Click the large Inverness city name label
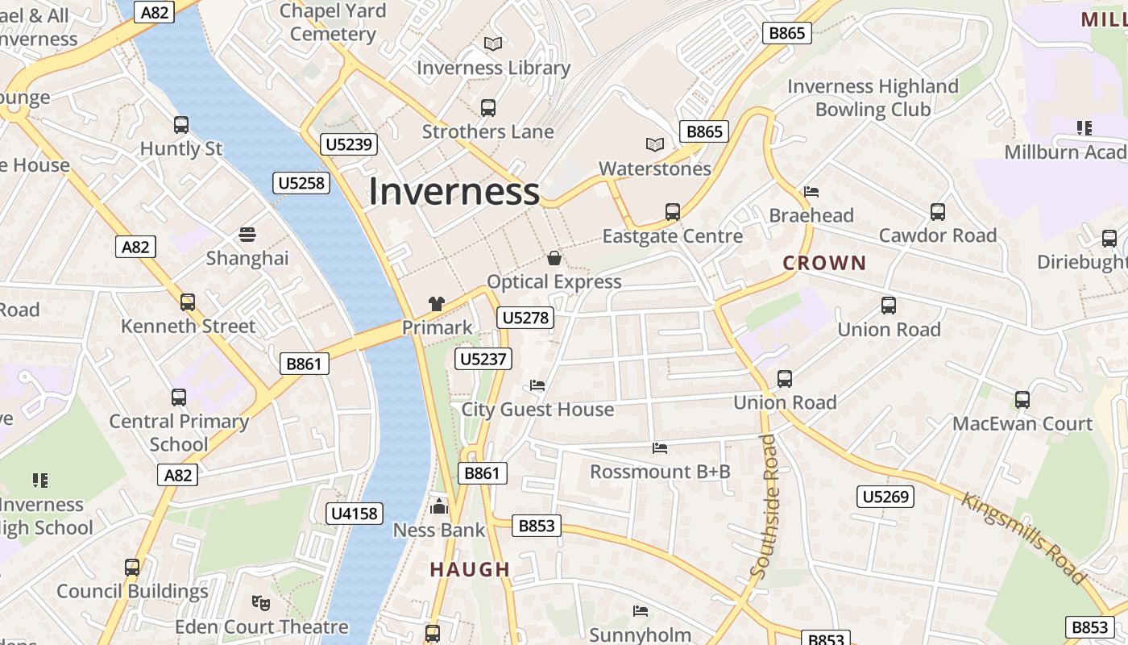454,191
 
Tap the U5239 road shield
348,144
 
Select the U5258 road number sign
301,183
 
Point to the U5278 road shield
525,318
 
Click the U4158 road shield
355,514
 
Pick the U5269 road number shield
885,497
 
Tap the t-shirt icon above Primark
437,304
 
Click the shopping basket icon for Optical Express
554,258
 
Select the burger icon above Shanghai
247,235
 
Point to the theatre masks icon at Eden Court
260,602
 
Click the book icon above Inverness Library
493,44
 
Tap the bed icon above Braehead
811,192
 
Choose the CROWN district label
824,263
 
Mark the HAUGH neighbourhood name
470,569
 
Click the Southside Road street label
765,506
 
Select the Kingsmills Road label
1023,538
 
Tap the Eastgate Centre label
673,236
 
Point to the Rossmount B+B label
660,472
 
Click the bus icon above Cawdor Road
938,212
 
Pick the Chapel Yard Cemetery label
333,23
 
